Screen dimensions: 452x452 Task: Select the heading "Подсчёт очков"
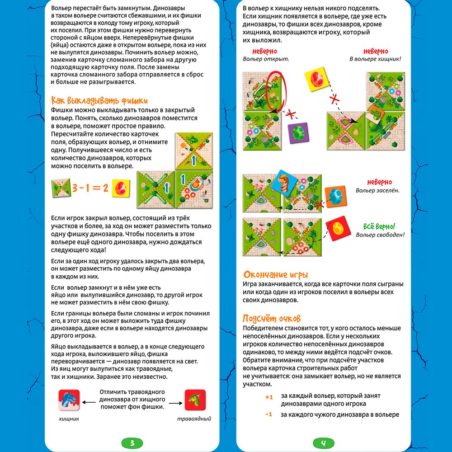pyautogui.click(x=272, y=318)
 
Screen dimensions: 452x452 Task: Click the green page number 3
pyautogui.click(x=132, y=443)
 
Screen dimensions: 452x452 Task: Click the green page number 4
pyautogui.click(x=324, y=443)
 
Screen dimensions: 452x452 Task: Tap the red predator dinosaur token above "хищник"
pyautogui.click(x=69, y=400)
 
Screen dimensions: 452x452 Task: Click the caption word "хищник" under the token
pyautogui.click(x=69, y=419)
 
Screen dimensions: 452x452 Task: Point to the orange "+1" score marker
pyautogui.click(x=269, y=396)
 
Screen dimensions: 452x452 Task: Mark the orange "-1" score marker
pyautogui.click(x=269, y=414)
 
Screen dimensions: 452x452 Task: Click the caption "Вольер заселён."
pyautogui.click(x=377, y=190)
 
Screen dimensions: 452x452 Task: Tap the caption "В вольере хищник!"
pyautogui.click(x=375, y=59)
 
